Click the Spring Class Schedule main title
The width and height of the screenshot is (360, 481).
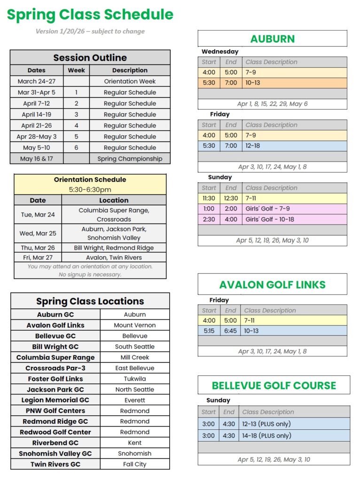click(90, 15)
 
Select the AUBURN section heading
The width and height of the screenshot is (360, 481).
click(272, 39)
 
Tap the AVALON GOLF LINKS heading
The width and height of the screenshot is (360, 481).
click(272, 285)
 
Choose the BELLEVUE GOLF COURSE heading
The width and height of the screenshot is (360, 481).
click(274, 386)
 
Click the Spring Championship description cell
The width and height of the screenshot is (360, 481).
click(130, 159)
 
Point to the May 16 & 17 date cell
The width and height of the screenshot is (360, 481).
click(37, 159)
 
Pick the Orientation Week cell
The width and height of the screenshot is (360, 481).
click(130, 81)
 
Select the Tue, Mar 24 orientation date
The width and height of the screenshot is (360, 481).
click(38, 215)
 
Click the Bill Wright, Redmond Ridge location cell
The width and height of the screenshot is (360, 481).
click(114, 248)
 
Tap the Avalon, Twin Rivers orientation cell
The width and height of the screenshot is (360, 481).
click(114, 257)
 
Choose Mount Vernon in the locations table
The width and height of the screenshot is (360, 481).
click(135, 325)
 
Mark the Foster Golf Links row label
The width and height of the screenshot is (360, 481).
click(55, 379)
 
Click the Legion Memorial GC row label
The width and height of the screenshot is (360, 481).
click(55, 400)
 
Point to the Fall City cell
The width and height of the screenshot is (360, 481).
click(135, 464)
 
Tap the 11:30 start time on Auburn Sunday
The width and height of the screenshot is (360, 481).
click(209, 198)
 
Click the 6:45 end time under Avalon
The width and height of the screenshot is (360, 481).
click(230, 331)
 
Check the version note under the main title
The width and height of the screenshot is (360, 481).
click(90, 31)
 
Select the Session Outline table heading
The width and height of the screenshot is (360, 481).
click(90, 58)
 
